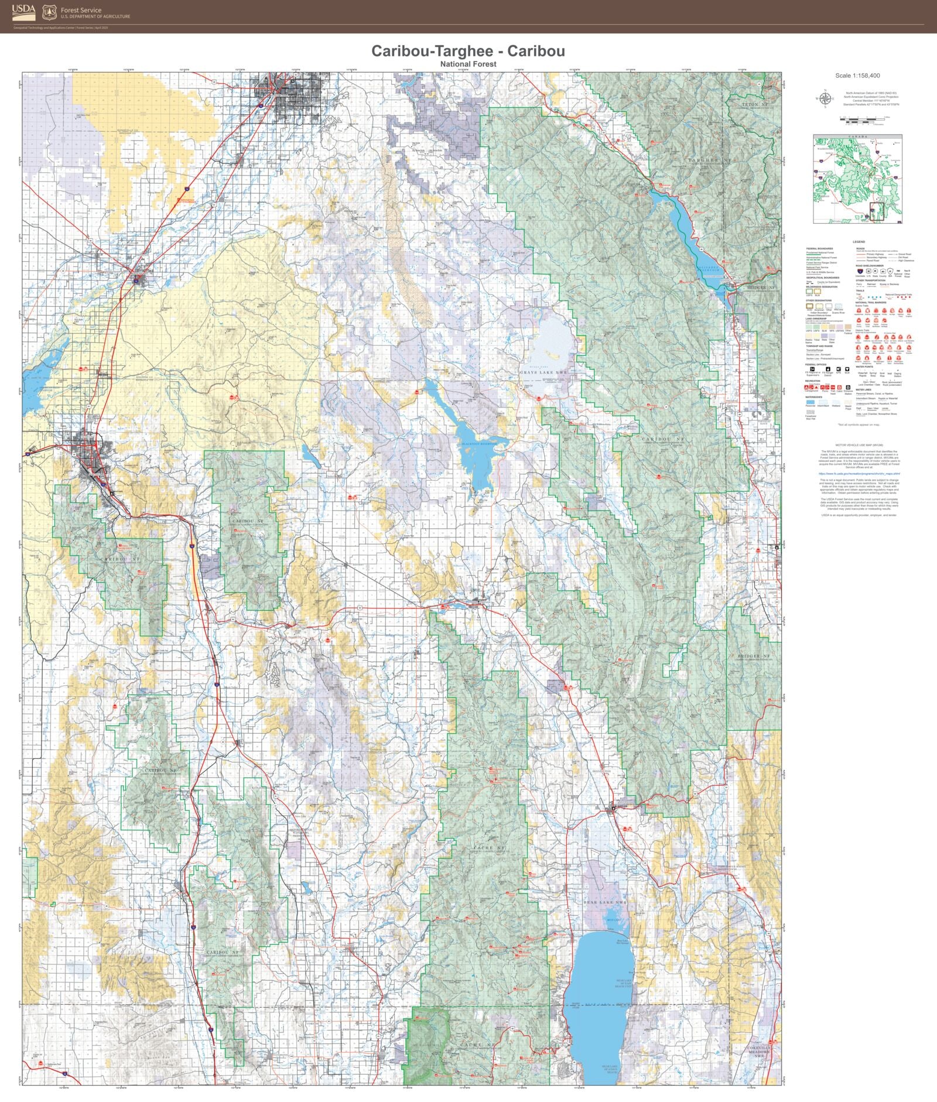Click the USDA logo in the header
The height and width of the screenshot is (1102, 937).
coord(23,12)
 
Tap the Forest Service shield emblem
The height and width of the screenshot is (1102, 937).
coord(49,12)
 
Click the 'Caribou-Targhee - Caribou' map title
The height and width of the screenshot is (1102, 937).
coord(468,51)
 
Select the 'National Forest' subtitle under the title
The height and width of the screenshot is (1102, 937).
coord(468,64)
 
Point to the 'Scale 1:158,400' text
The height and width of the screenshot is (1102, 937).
coord(857,76)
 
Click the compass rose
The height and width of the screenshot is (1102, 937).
coord(825,98)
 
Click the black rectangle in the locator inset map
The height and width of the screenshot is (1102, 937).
coord(877,211)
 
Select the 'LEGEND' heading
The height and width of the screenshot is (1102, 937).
coord(859,242)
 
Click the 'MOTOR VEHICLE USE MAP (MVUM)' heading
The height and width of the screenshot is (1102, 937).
coord(859,445)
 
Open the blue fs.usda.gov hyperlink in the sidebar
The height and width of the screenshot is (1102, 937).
coord(859,474)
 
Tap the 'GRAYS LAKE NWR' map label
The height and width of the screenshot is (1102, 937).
coord(544,372)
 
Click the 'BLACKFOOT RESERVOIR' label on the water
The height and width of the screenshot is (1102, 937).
coord(479,444)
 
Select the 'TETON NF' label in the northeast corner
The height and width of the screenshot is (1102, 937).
coord(750,104)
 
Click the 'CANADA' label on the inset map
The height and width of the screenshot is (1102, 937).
coord(857,137)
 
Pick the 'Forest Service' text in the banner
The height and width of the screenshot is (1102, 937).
coord(81,10)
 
